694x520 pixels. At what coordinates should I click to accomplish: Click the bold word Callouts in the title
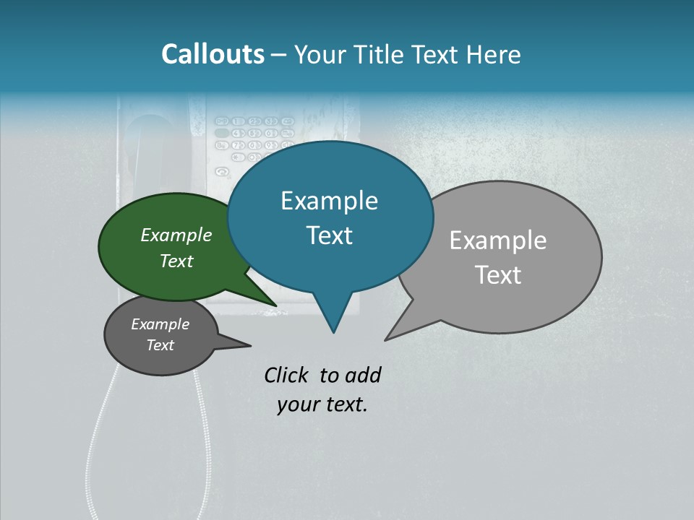pyautogui.click(x=213, y=54)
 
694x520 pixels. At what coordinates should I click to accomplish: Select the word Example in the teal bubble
pyautogui.click(x=329, y=201)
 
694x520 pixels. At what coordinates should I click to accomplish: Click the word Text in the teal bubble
pyautogui.click(x=329, y=235)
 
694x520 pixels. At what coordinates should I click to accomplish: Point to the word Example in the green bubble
pyautogui.click(x=176, y=235)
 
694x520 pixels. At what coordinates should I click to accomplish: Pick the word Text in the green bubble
pyautogui.click(x=176, y=261)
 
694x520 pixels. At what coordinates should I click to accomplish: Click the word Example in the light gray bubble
pyautogui.click(x=498, y=240)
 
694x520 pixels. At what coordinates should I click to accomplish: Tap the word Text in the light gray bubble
pyautogui.click(x=498, y=275)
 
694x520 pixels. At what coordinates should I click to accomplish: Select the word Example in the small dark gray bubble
pyautogui.click(x=160, y=324)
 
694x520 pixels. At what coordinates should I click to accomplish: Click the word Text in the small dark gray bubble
pyautogui.click(x=160, y=345)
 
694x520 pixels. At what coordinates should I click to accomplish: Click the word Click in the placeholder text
pyautogui.click(x=288, y=375)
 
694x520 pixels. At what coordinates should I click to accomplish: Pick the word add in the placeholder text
pyautogui.click(x=363, y=375)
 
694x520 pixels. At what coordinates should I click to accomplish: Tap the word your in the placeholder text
pyautogui.click(x=297, y=404)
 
